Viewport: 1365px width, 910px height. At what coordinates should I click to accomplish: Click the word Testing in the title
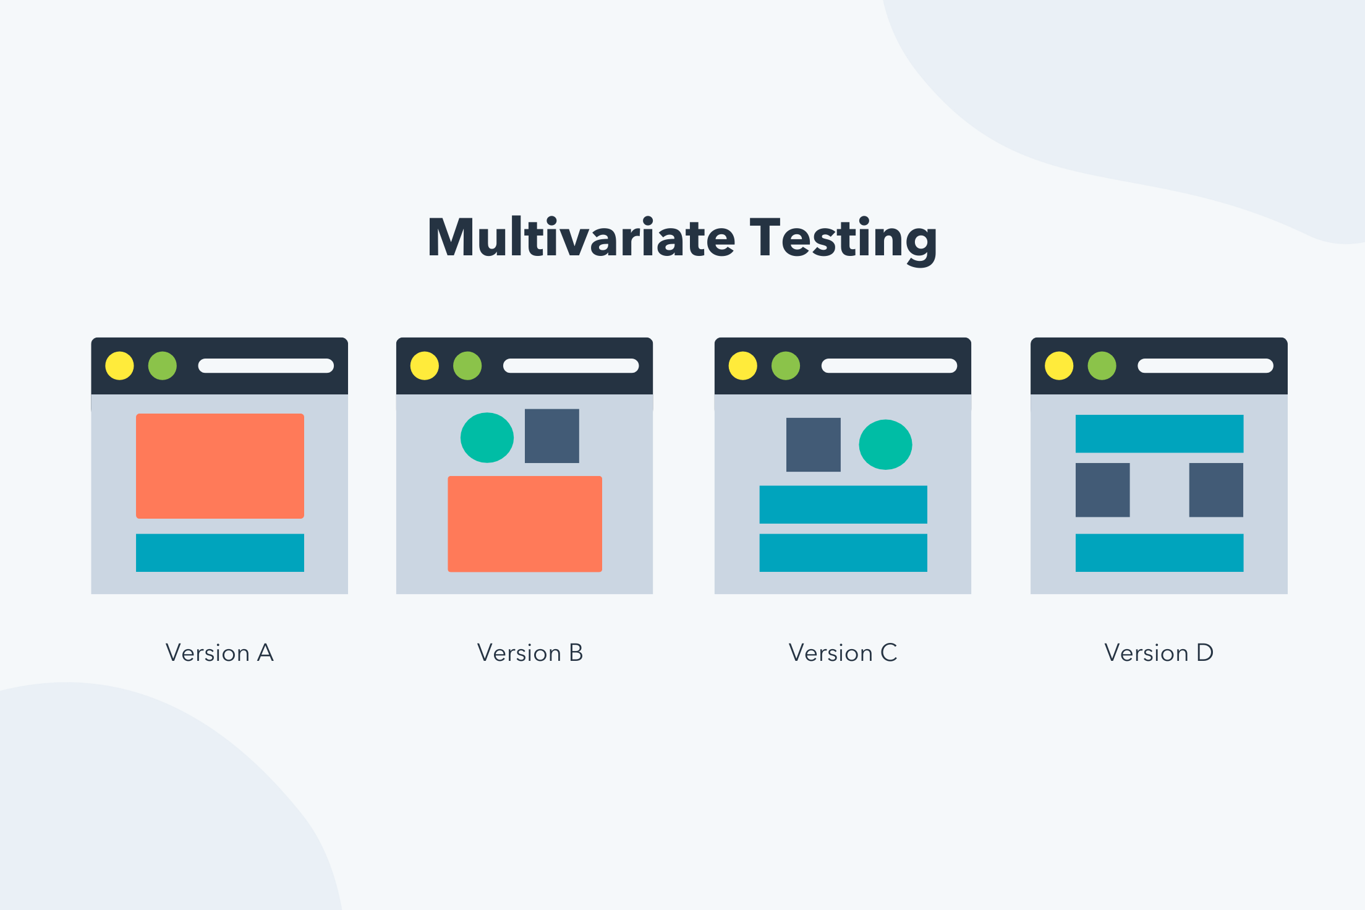(x=843, y=240)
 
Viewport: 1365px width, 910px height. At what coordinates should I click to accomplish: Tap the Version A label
(x=219, y=653)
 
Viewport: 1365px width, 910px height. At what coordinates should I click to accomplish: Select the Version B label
(x=530, y=653)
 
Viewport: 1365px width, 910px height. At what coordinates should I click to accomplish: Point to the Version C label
(x=843, y=653)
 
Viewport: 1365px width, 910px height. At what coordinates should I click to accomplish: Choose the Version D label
(x=1159, y=653)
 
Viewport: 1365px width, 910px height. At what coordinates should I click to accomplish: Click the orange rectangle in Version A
(x=220, y=466)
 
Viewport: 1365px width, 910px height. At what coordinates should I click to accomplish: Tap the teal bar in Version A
(x=220, y=553)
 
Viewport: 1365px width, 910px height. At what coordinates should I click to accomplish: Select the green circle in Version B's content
(x=487, y=438)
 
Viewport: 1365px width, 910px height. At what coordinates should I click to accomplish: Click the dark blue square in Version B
(x=552, y=436)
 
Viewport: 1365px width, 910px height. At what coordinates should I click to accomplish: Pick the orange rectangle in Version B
(x=525, y=524)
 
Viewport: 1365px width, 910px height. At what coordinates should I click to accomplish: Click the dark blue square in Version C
(x=814, y=444)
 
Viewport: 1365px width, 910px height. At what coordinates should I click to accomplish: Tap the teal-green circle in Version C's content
(x=885, y=444)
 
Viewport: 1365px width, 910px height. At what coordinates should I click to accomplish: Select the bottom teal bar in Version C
(x=843, y=553)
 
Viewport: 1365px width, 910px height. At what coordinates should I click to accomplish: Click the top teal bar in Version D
(x=1160, y=433)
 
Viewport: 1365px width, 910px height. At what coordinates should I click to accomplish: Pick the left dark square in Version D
(x=1103, y=490)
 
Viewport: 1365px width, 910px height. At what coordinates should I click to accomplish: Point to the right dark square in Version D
(x=1216, y=490)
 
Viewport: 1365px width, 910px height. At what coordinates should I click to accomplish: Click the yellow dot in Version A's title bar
(x=119, y=366)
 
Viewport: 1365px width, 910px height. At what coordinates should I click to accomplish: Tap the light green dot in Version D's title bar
(x=1102, y=366)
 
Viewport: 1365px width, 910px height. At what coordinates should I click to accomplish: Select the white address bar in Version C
(x=889, y=366)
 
